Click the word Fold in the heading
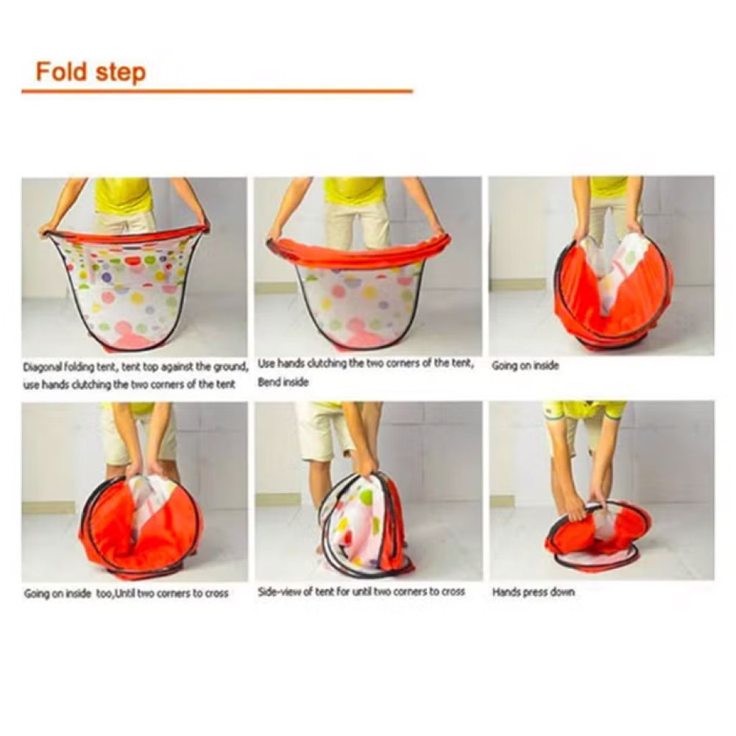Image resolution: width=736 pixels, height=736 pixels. [63, 72]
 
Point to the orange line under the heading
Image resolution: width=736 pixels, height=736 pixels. [217, 91]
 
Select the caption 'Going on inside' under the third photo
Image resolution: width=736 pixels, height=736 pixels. [526, 366]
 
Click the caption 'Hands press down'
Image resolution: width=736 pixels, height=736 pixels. [534, 592]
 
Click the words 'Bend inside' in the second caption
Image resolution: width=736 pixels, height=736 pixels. [283, 382]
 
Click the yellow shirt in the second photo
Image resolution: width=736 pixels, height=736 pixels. [357, 191]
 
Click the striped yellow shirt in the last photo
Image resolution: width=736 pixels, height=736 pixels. [584, 409]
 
